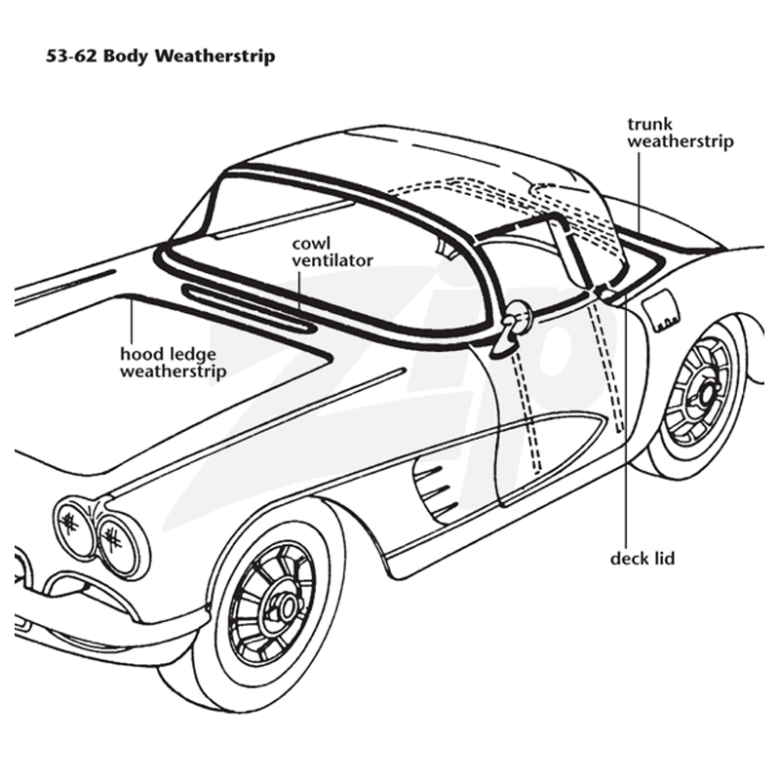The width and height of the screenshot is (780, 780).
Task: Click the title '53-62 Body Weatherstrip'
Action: (x=160, y=56)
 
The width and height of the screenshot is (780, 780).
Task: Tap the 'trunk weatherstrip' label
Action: (x=680, y=133)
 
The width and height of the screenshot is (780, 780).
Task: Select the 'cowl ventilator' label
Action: (x=332, y=252)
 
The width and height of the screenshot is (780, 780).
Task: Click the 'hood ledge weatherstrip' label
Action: (x=174, y=363)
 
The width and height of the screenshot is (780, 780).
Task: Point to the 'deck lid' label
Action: (x=643, y=558)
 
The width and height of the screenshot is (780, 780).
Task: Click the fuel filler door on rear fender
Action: (x=661, y=311)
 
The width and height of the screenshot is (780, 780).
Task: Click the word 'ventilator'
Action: (x=332, y=260)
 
